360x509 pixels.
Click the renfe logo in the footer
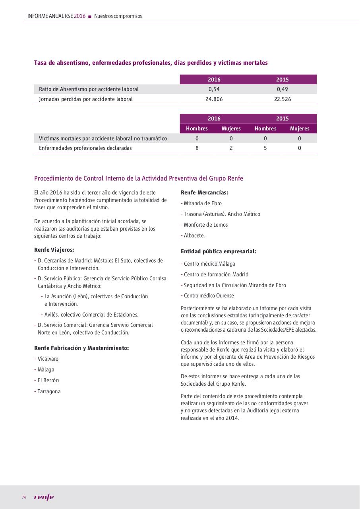coord(44,497)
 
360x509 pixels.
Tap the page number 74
coord(24,497)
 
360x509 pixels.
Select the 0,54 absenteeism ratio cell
coord(214,89)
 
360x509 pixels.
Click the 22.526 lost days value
coord(283,99)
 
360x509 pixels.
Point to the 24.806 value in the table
coord(214,99)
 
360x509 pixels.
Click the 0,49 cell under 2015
coord(283,89)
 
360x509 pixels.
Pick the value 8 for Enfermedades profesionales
coord(197,148)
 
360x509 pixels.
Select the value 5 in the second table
coord(265,148)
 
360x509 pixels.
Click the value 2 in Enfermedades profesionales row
coord(231,148)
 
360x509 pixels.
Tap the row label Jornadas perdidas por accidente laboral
coord(86,99)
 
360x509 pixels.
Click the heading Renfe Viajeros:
coord(54,250)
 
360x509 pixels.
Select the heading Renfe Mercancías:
coord(204,192)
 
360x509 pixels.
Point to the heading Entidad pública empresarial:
coord(219,251)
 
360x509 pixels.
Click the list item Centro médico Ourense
coord(207,295)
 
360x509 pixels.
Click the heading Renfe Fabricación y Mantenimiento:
coord(81,348)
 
